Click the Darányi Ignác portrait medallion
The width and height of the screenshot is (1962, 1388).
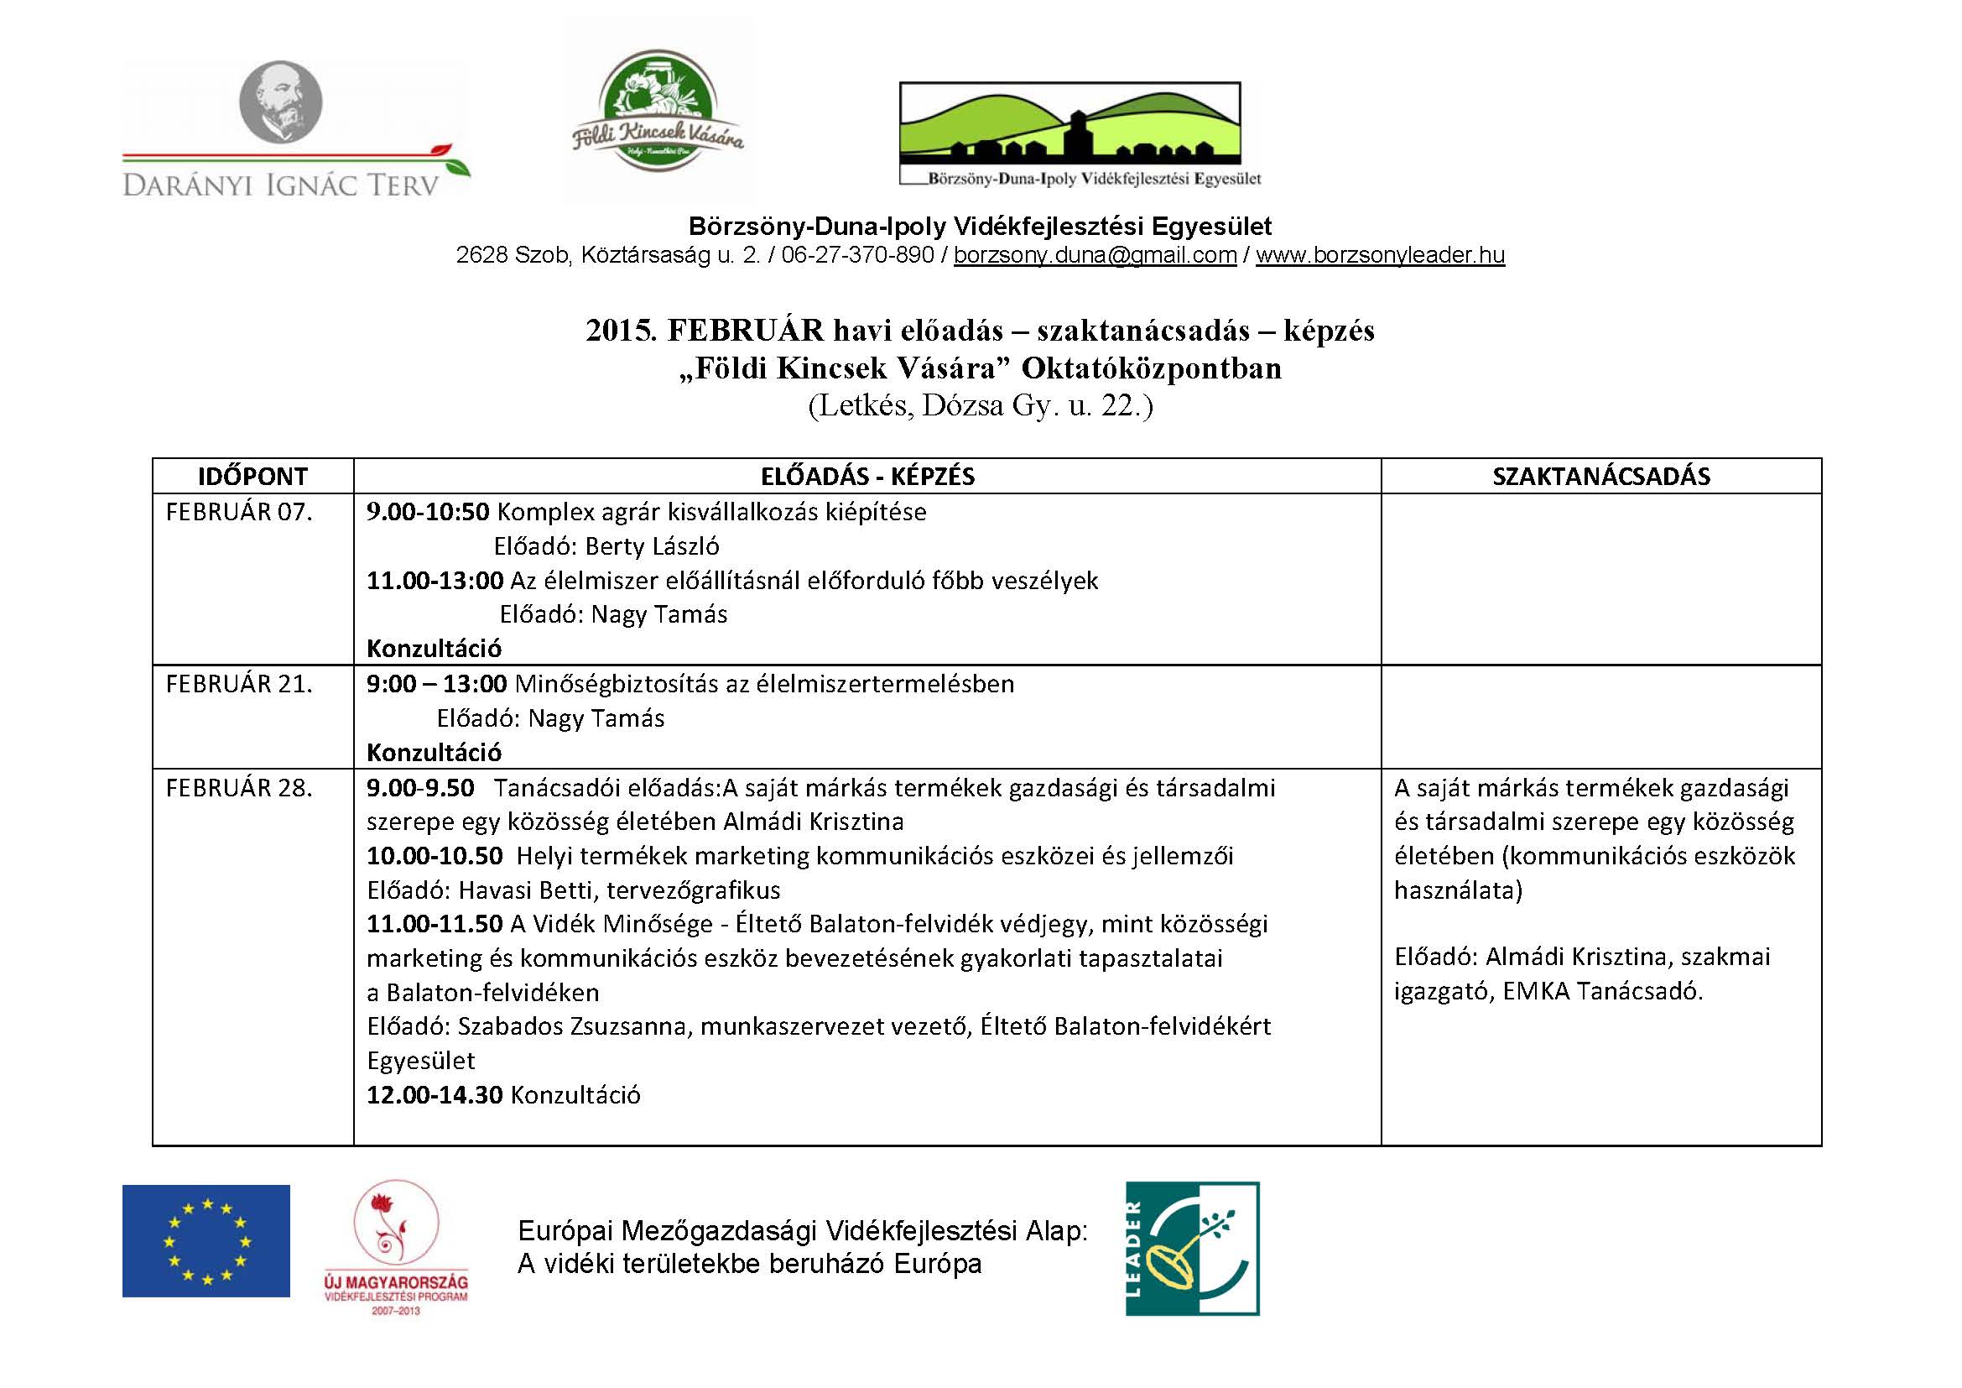click(x=280, y=101)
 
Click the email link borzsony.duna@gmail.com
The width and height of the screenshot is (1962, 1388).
click(x=1095, y=256)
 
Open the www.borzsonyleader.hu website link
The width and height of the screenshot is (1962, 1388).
click(x=1379, y=256)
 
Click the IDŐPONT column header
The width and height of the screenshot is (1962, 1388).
click(x=253, y=477)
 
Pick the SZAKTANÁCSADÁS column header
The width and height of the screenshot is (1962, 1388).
click(x=1600, y=477)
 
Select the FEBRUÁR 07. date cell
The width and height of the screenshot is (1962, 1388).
click(x=239, y=512)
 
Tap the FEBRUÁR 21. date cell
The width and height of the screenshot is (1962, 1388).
click(x=239, y=684)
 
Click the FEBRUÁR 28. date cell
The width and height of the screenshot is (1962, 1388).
click(x=239, y=787)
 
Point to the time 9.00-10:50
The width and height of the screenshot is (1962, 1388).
click(x=428, y=512)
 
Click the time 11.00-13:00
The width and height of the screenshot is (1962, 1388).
click(x=435, y=581)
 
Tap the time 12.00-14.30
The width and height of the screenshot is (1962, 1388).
click(x=435, y=1095)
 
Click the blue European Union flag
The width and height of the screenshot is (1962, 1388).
click(x=206, y=1240)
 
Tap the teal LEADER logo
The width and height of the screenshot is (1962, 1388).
click(x=1192, y=1248)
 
